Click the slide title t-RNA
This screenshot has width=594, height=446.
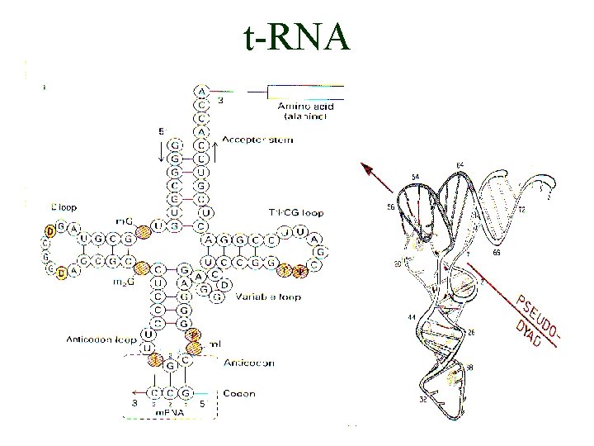pyautogui.click(x=297, y=38)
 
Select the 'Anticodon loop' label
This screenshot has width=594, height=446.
pyautogui.click(x=97, y=339)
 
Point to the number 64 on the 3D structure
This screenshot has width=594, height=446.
pyautogui.click(x=460, y=166)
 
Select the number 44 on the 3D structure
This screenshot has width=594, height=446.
pyautogui.click(x=410, y=317)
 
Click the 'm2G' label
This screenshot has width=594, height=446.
pyautogui.click(x=123, y=281)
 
